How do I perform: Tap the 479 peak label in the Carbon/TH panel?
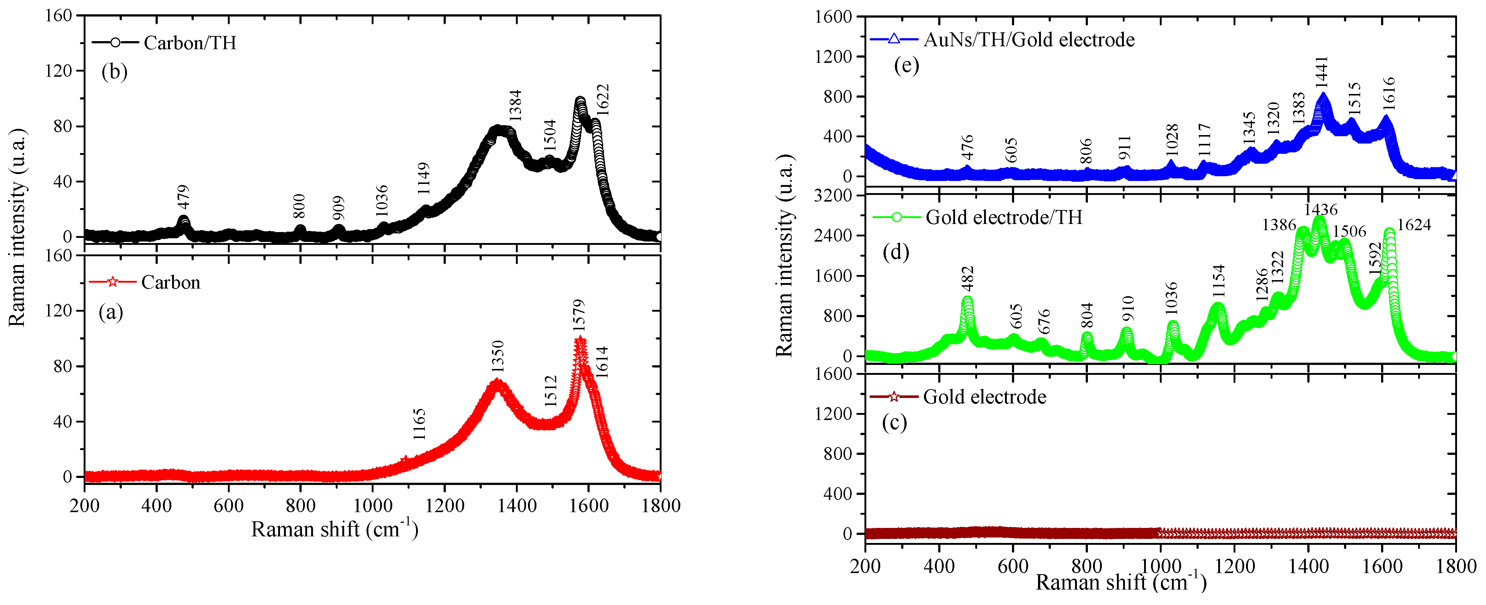[x=183, y=197]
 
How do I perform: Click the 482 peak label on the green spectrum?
[x=968, y=278]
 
